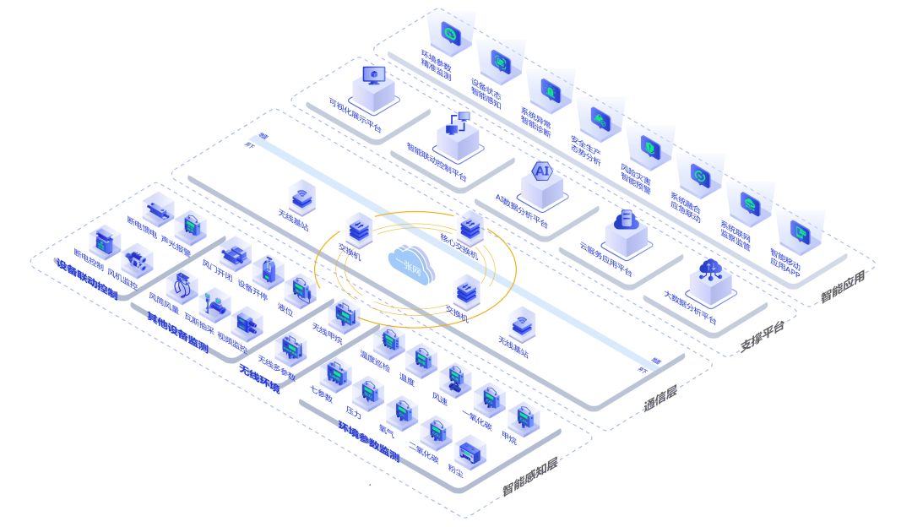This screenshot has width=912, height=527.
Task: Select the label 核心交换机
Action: tap(459, 247)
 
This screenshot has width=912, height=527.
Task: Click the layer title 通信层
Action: tap(660, 398)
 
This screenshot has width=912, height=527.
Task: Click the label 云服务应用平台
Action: tap(606, 259)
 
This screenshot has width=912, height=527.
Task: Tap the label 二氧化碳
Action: tap(423, 452)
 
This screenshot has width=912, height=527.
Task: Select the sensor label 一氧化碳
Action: tap(476, 419)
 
